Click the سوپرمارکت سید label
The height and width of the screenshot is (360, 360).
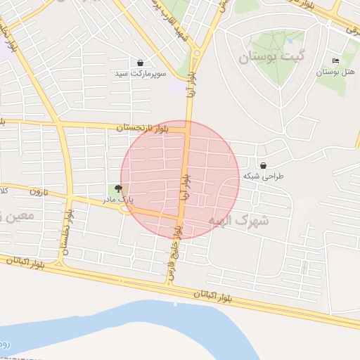coord(142,73)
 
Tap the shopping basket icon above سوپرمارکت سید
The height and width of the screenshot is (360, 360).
coord(141,63)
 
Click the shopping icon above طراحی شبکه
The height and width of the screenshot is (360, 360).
coord(263,166)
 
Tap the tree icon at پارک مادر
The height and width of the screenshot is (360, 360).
coord(117,188)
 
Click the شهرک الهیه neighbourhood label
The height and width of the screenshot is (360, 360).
coord(238,221)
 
